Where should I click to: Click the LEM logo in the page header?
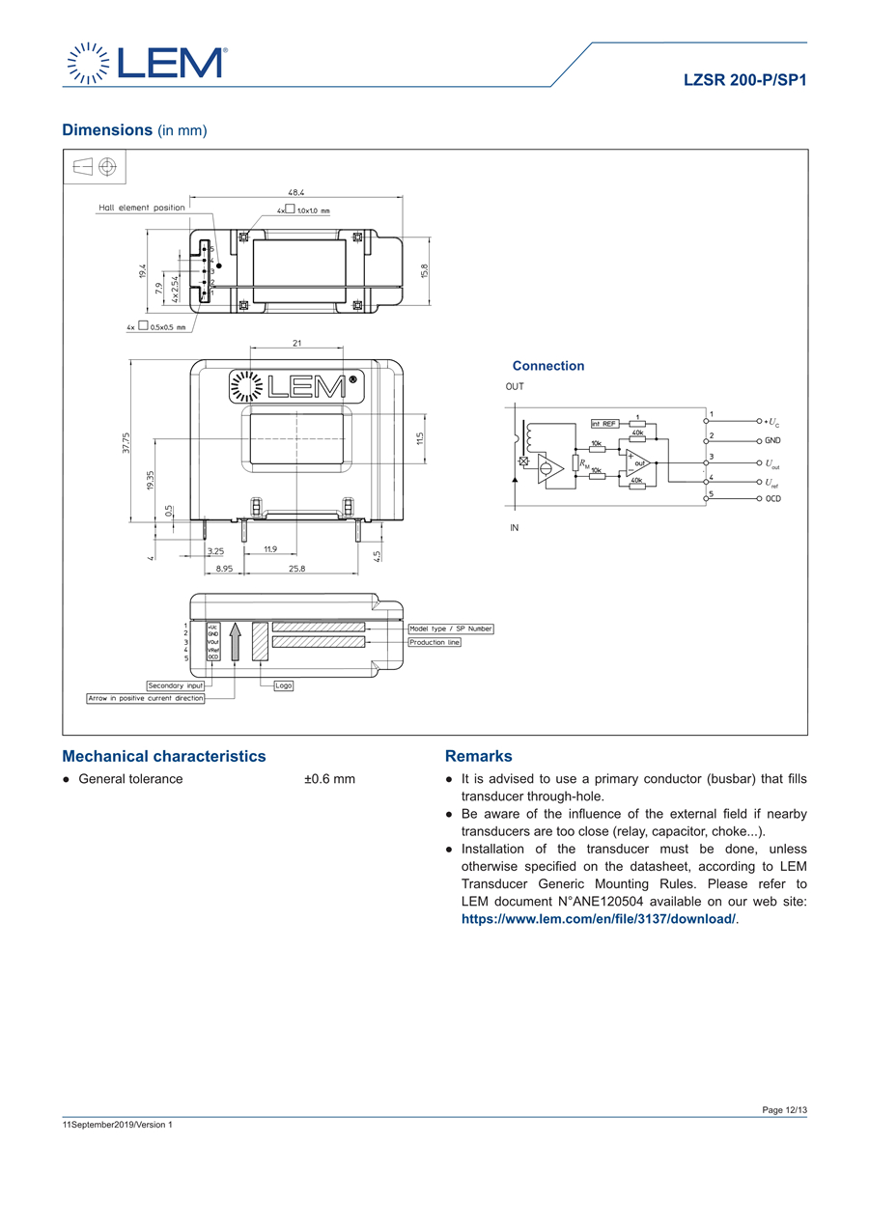point(146,62)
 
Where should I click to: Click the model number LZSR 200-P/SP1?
point(744,82)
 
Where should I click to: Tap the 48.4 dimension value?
point(295,193)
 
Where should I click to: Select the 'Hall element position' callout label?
point(142,208)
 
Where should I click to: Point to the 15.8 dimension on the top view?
point(424,272)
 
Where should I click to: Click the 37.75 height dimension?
point(126,443)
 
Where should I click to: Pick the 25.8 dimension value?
point(296,569)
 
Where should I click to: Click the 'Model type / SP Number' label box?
point(451,628)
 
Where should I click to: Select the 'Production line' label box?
point(434,642)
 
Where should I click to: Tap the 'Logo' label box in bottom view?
point(283,685)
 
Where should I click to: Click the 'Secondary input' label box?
point(176,685)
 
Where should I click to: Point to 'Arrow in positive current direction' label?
point(146,698)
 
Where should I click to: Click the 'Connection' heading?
point(548,366)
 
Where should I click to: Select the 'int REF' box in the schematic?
point(604,423)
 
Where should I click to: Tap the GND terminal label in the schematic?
point(773,440)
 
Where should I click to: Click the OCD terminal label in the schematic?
point(773,498)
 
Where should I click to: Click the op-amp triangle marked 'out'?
point(638,464)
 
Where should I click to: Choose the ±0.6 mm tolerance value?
point(329,779)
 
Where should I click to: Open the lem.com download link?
point(599,919)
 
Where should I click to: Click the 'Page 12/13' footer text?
point(784,1110)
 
